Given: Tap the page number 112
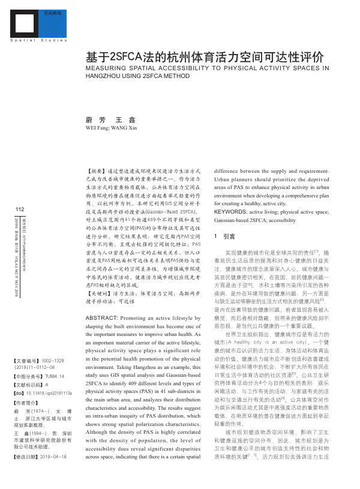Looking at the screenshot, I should click(18, 209).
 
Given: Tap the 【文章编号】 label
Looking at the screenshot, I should click(28, 361).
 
